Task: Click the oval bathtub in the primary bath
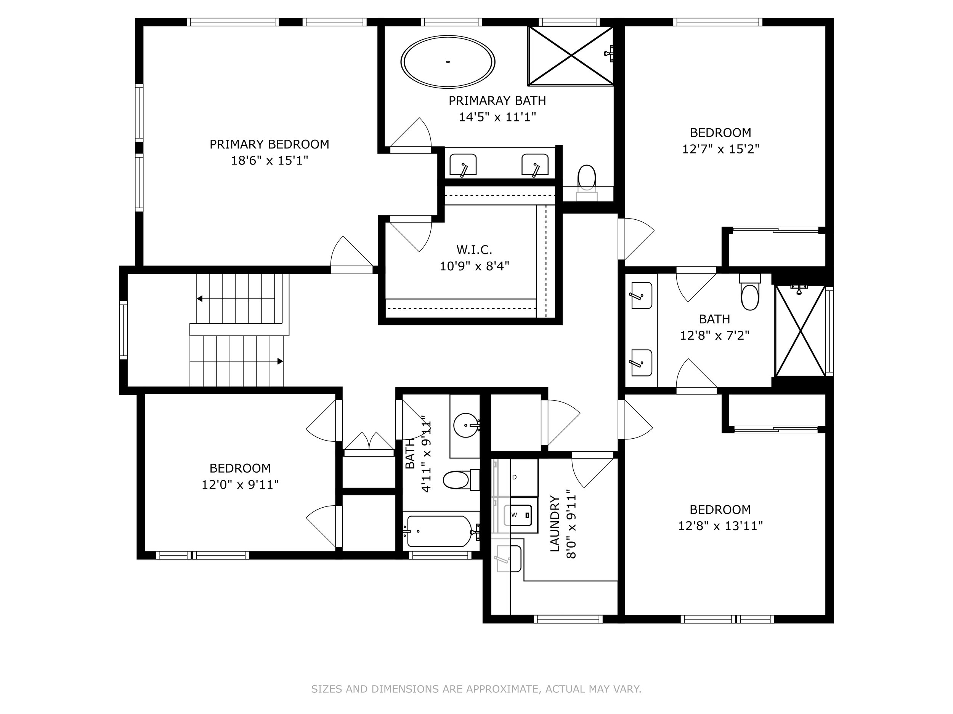448,62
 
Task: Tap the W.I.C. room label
474,250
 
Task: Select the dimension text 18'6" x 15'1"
269,161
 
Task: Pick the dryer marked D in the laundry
524,477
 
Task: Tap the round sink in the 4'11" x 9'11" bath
466,425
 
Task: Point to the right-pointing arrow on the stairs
280,361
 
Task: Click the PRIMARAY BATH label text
497,101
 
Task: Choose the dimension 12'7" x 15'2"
720,149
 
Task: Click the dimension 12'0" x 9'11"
240,485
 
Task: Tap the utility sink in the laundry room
509,558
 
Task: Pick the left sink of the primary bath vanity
463,165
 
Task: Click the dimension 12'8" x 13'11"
720,526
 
